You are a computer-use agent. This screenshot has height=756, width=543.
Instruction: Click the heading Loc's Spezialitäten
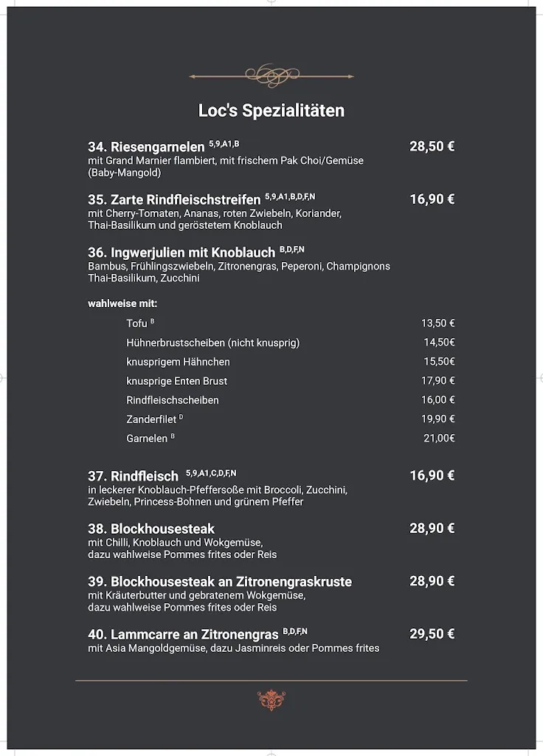(271, 111)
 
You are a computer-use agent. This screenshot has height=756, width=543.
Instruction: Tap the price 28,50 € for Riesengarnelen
(432, 146)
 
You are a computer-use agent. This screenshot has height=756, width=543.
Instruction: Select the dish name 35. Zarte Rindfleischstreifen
(174, 199)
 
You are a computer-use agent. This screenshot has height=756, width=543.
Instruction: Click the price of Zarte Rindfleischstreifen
(432, 199)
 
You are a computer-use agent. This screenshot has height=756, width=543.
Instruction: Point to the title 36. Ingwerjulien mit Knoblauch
(181, 252)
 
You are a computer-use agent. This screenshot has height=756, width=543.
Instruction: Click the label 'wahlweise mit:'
(122, 303)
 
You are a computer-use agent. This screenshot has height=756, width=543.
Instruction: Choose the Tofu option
(137, 323)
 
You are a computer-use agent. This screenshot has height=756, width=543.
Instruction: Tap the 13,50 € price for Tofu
(437, 323)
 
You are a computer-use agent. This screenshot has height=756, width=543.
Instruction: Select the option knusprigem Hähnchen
(178, 362)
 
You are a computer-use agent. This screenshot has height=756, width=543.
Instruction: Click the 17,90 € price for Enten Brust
(437, 381)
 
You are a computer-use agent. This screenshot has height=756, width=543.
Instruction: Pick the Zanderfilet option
(151, 419)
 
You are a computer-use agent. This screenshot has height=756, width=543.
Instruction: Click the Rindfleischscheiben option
(173, 400)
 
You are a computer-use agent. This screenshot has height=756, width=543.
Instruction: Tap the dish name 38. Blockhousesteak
(151, 529)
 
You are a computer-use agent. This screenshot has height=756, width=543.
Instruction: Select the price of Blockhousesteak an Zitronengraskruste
(432, 582)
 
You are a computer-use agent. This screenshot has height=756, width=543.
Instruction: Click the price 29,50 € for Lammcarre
(432, 634)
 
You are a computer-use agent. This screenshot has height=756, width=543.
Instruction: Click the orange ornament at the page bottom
(271, 700)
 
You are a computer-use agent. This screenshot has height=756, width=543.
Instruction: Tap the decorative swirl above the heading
(271, 75)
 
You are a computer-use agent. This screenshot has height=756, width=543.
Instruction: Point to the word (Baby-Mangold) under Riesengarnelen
(124, 173)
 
